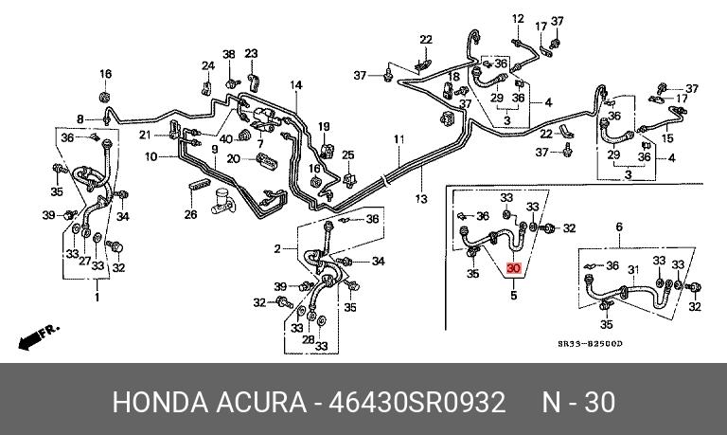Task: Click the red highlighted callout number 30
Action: [514, 269]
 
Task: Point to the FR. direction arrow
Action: [39, 335]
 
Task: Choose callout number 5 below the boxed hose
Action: [514, 296]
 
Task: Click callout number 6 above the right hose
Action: [619, 227]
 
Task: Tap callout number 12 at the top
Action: [518, 19]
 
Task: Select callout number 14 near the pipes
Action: [296, 85]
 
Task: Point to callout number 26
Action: [190, 214]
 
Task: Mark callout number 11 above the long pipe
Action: [399, 140]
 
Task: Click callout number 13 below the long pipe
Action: [420, 198]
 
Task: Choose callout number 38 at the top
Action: [228, 54]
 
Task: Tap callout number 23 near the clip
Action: [251, 53]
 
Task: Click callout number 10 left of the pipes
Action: [151, 156]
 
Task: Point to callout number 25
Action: [348, 154]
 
